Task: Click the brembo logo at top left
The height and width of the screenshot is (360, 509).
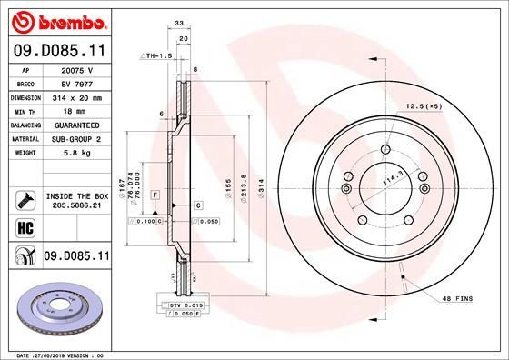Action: (x=56, y=20)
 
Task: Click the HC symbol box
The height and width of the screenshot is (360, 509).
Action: (x=19, y=226)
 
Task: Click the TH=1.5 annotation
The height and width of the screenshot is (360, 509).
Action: (x=156, y=55)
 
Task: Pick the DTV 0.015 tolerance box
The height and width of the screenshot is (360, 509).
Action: (x=183, y=305)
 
